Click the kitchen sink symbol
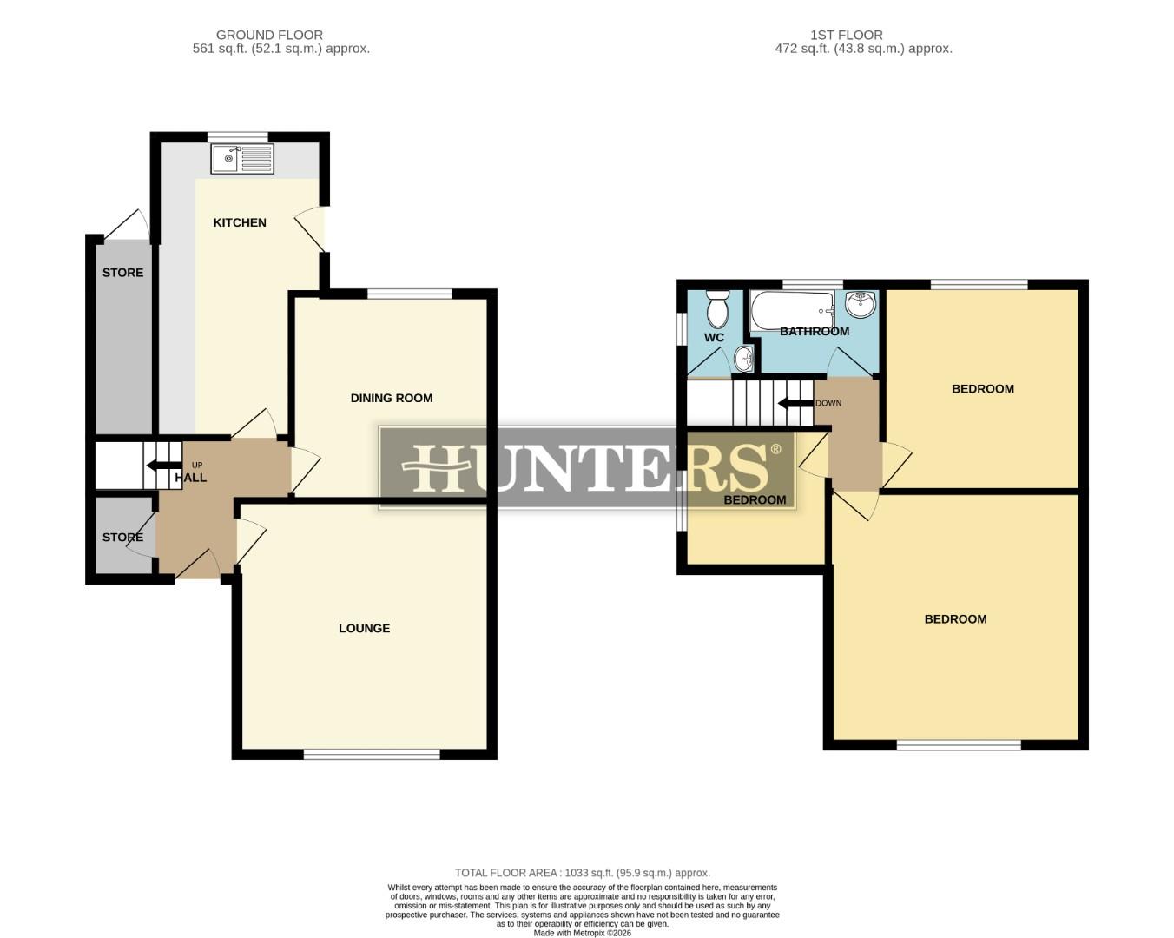[242, 159]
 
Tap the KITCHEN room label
[240, 222]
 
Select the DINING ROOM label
[391, 398]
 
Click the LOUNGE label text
[364, 628]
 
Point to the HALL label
[191, 478]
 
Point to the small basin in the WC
[744, 357]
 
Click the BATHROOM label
[814, 331]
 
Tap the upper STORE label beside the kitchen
[122, 273]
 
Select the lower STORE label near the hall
[122, 538]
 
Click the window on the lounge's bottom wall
[372, 754]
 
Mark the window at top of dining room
[409, 294]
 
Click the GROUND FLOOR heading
[269, 35]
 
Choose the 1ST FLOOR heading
[846, 35]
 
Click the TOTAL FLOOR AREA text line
[582, 873]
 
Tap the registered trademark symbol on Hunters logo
[775, 449]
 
